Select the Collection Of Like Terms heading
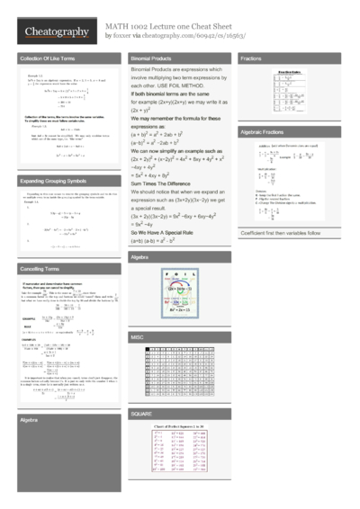click(x=46, y=58)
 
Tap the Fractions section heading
click(x=253, y=58)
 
